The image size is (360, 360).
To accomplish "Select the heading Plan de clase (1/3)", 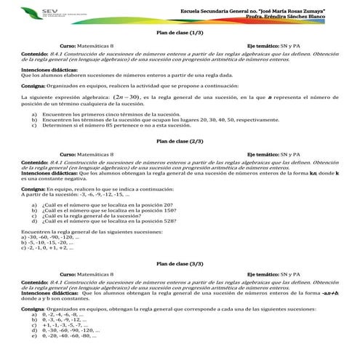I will [180, 33].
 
